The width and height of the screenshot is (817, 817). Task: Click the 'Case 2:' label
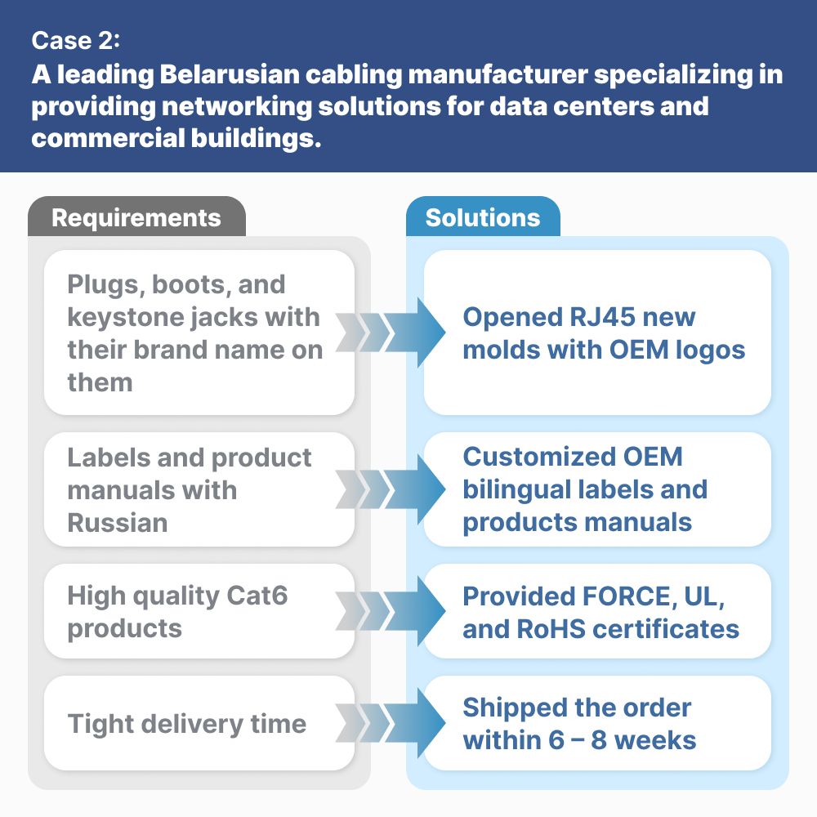point(75,41)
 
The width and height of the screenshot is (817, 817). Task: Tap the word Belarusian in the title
point(230,74)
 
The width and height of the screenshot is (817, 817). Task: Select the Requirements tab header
point(136,217)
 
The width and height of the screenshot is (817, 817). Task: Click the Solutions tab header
point(483,217)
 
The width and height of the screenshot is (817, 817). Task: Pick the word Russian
point(118,523)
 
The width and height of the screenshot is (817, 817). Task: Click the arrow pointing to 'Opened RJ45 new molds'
point(391,333)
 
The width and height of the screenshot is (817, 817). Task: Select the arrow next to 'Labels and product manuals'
point(391,489)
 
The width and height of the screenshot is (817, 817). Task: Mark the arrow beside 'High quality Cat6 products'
point(391,611)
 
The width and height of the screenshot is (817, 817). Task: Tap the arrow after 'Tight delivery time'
point(391,723)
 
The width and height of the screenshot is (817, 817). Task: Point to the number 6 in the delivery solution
point(556,740)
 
